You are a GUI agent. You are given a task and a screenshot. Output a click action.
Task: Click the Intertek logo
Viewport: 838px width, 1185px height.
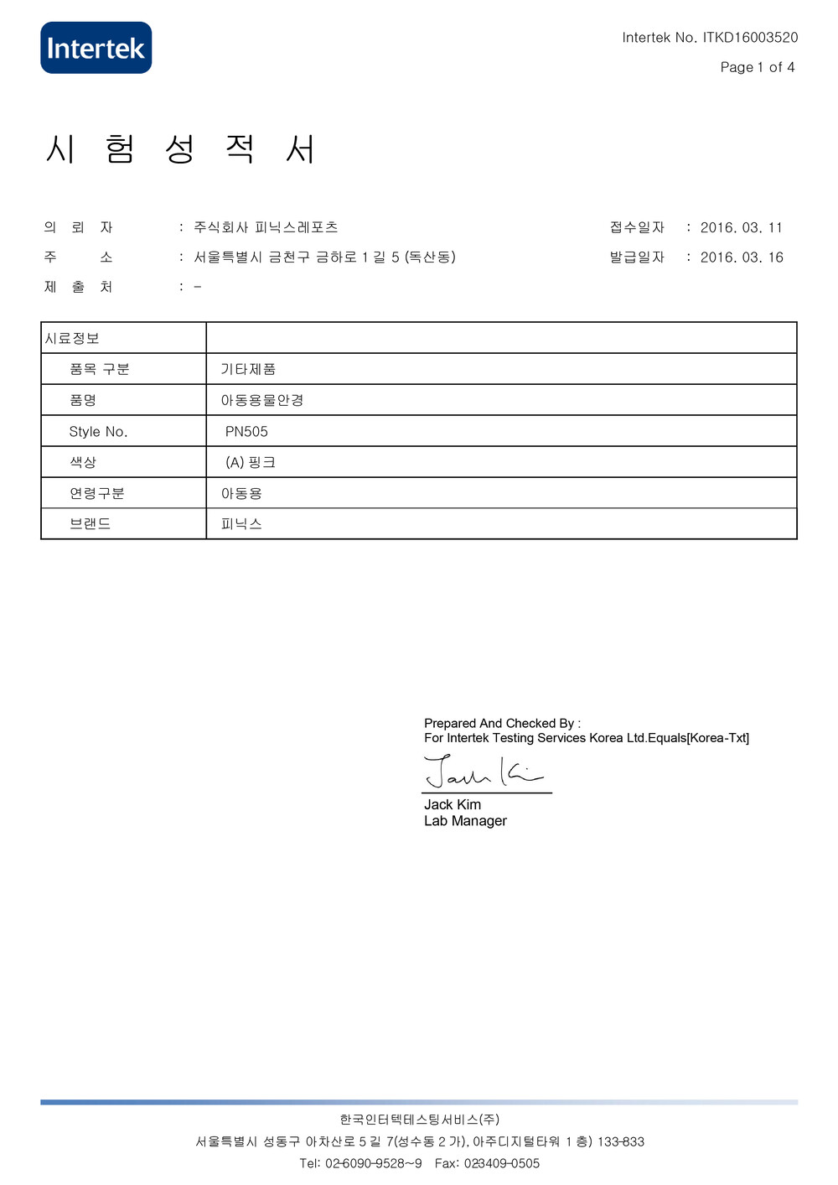[96, 48]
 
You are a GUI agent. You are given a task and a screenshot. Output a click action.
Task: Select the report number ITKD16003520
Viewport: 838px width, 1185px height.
[750, 38]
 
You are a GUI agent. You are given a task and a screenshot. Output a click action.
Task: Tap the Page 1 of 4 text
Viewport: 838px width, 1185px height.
[757, 67]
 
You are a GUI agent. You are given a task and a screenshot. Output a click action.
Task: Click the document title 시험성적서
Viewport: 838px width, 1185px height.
[180, 149]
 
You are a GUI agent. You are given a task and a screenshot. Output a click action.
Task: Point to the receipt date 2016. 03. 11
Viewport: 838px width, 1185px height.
[741, 228]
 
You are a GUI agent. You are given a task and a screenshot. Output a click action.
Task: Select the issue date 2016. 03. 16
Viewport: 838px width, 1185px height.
[742, 257]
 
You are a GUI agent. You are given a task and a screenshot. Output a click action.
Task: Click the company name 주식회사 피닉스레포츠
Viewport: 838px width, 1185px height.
[266, 227]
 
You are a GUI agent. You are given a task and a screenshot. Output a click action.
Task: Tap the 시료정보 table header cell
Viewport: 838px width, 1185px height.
[72, 338]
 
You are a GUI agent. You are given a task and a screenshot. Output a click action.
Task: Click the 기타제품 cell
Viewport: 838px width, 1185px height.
[248, 369]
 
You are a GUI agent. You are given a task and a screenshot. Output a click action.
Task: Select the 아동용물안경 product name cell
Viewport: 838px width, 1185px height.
[262, 400]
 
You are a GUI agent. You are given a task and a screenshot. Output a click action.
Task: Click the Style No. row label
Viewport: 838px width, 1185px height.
[98, 432]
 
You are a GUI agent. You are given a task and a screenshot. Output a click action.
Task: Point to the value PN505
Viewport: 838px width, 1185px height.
[246, 432]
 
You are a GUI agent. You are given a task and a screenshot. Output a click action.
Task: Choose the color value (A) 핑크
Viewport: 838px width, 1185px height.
[250, 462]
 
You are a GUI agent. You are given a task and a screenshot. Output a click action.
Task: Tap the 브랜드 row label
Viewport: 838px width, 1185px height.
[90, 524]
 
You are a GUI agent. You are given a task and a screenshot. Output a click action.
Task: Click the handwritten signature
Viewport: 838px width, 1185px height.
[483, 772]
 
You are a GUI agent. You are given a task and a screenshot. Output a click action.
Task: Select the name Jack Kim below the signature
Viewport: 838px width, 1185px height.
[453, 805]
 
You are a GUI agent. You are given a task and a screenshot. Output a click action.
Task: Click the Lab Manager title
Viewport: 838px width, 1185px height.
[465, 821]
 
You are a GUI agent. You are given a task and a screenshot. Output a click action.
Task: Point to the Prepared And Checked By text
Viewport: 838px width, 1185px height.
[501, 723]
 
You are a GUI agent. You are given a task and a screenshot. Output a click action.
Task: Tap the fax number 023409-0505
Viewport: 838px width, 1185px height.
[501, 1163]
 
